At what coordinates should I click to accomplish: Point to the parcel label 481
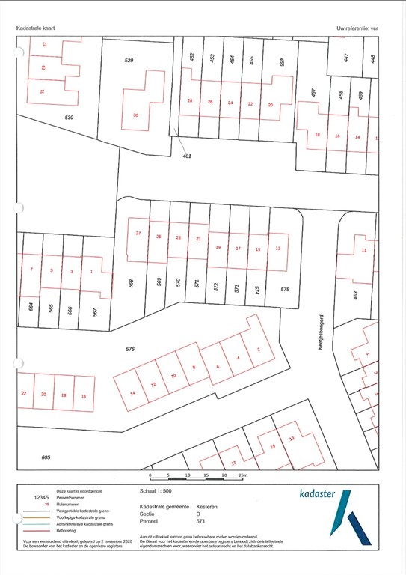tap(188, 156)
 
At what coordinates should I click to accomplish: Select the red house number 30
tap(135, 115)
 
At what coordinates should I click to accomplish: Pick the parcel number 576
tap(130, 349)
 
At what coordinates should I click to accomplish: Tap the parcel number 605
tap(25, 457)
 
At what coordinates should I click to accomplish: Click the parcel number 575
tap(285, 289)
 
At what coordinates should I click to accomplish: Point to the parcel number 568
tap(130, 284)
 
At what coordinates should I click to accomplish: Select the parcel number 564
tap(31, 308)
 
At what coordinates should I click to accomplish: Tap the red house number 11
tap(364, 249)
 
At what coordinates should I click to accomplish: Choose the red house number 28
tap(190, 102)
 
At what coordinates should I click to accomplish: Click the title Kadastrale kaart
tap(36, 28)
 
